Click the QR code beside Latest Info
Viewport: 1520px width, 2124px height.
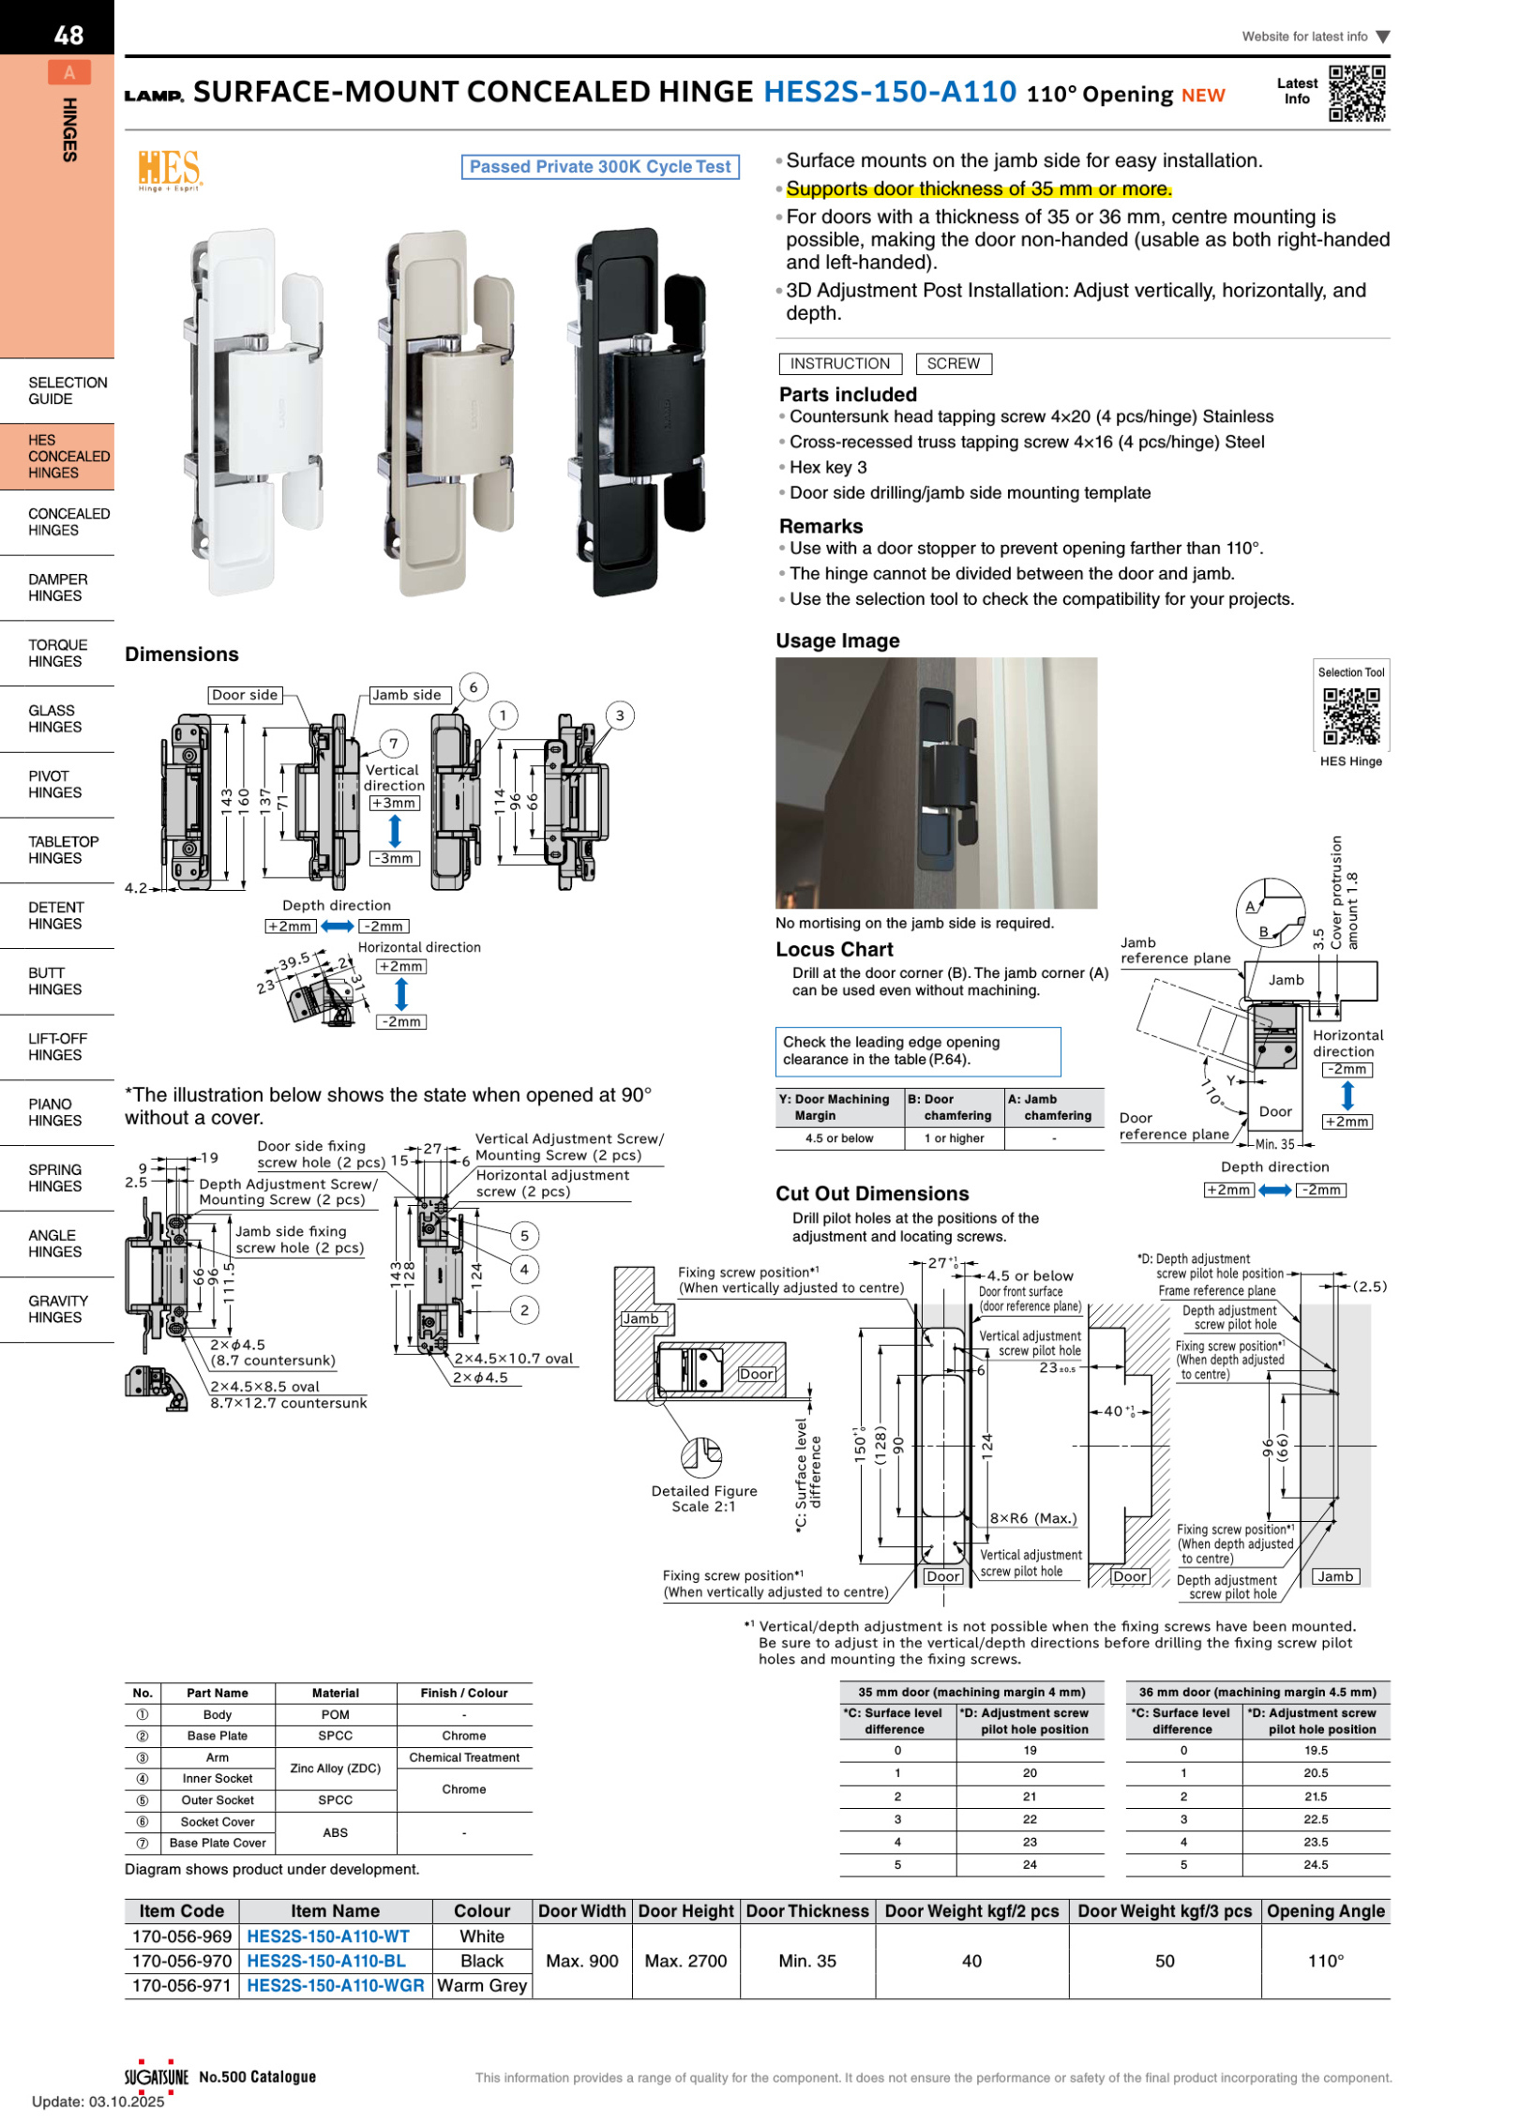tap(1356, 93)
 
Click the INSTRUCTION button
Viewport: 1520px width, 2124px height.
tap(839, 364)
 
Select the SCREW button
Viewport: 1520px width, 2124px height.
tap(953, 364)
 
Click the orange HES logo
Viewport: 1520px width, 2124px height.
tap(169, 170)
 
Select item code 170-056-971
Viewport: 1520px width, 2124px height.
tap(181, 1984)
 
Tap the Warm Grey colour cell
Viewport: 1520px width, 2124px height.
tap(482, 1984)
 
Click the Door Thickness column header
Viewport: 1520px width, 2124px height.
tap(806, 1910)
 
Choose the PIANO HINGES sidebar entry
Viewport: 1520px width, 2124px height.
tap(54, 1112)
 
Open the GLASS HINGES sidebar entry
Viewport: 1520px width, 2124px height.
tap(54, 718)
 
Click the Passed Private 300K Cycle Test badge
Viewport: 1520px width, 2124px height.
tap(600, 167)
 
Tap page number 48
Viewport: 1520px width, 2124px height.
tap(68, 36)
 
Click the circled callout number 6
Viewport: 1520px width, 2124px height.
tap(473, 687)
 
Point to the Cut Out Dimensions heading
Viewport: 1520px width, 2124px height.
tap(871, 1193)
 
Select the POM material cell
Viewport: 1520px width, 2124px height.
tap(335, 1714)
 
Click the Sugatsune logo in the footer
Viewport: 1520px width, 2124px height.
tap(157, 2076)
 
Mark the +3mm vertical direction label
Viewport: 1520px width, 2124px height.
tap(394, 803)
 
